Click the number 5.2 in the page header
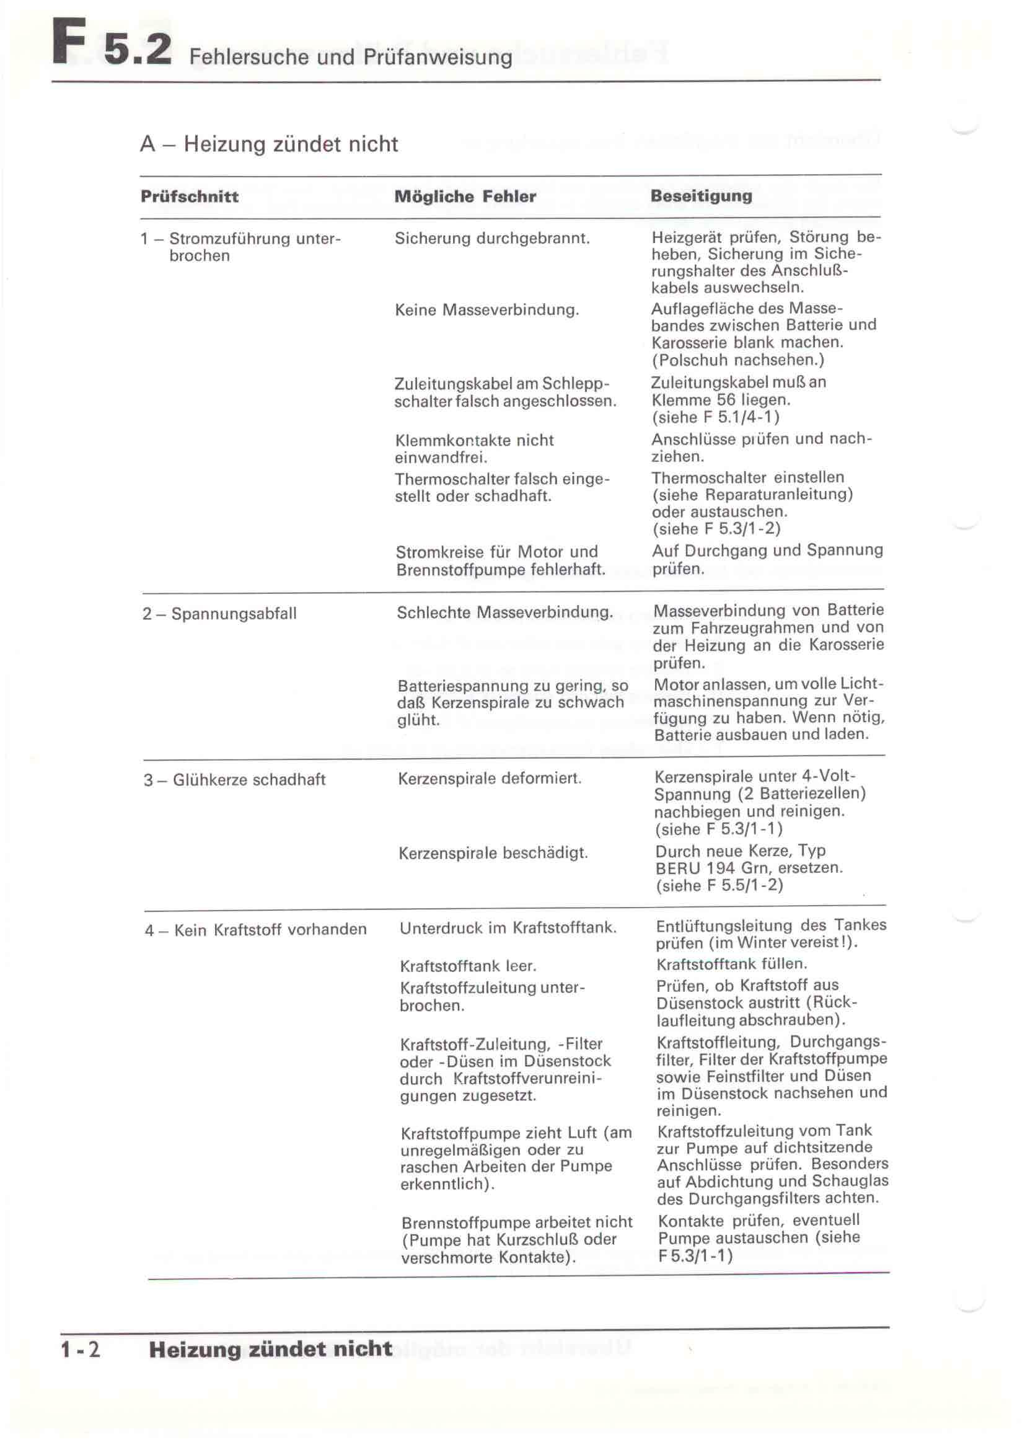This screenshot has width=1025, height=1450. [138, 48]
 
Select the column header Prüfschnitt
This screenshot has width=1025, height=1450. [190, 197]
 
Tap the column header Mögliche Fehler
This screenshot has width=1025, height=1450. [465, 197]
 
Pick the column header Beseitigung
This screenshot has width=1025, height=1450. [702, 196]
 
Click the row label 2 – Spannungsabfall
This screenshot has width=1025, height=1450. [219, 614]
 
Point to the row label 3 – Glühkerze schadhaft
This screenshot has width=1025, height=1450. [234, 780]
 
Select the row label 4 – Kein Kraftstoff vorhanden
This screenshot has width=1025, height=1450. [255, 930]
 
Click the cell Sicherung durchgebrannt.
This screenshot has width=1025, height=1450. [492, 239]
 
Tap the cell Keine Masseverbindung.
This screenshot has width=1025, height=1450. [486, 310]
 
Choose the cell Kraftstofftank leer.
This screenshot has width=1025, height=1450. [468, 966]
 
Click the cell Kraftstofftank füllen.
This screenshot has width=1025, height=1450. [731, 964]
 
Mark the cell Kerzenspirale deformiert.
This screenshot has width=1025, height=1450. [490, 779]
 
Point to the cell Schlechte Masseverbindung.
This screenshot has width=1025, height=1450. [504, 612]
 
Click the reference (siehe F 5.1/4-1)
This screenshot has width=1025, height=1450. [716, 417]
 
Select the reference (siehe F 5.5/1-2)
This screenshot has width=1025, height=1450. [719, 885]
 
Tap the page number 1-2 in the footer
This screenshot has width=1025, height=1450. [80, 1350]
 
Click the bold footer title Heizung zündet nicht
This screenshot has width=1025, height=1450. [270, 1349]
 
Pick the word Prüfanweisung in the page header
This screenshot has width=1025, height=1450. [438, 58]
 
